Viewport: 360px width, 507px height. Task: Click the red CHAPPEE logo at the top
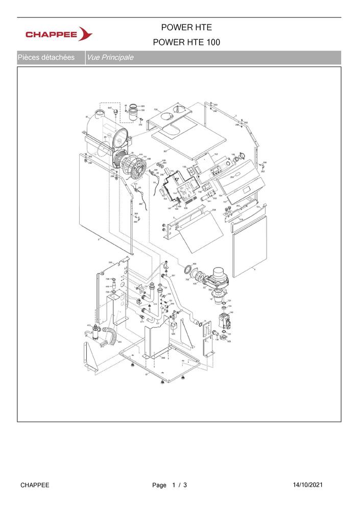[59, 35]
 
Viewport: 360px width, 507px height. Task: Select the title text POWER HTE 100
[186, 43]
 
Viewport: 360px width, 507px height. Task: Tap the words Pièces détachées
[46, 58]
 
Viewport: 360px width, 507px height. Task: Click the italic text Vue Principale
[110, 58]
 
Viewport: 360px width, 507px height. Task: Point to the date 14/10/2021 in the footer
[307, 485]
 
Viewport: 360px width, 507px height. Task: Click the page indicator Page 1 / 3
[170, 485]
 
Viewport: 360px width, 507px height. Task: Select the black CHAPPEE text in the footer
[35, 485]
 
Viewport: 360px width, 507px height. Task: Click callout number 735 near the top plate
[156, 110]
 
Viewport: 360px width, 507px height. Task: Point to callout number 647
[109, 109]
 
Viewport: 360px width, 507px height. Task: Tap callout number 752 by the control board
[215, 154]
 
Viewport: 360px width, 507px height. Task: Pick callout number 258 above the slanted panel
[213, 210]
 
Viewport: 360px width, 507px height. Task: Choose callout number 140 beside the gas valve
[231, 312]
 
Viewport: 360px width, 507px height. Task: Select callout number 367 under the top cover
[165, 152]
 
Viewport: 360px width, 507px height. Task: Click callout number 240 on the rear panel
[110, 262]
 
